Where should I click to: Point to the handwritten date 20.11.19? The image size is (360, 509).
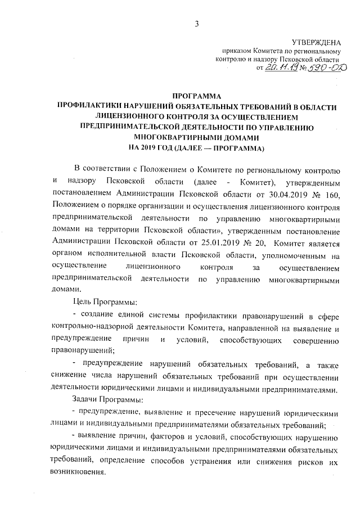[280, 68]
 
